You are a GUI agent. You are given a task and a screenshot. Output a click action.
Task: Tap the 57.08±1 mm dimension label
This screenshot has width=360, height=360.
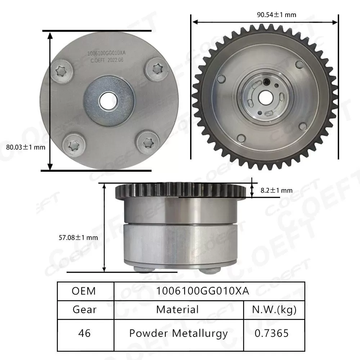pos(78,238)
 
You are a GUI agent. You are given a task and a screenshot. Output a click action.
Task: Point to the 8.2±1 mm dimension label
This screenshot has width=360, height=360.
pos(276,190)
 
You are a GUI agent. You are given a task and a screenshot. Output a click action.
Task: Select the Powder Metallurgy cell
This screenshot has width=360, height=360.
pos(178,333)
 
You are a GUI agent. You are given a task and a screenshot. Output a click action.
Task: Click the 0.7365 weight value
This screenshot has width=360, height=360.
pos(272,333)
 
